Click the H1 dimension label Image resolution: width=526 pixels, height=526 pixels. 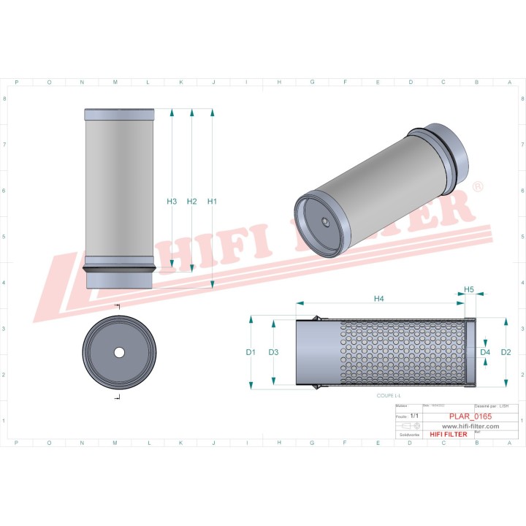pyautogui.click(x=213, y=201)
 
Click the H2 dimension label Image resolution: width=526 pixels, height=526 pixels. pyautogui.click(x=192, y=201)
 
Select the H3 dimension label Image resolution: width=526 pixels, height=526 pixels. pyautogui.click(x=172, y=201)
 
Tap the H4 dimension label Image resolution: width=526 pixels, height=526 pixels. pyautogui.click(x=379, y=298)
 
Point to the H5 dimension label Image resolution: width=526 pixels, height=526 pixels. pyautogui.click(x=469, y=289)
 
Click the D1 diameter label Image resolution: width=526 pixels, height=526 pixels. pyautogui.click(x=251, y=352)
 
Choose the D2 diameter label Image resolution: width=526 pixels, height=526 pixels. pyautogui.click(x=506, y=352)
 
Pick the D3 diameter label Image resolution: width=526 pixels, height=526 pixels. pyautogui.click(x=274, y=352)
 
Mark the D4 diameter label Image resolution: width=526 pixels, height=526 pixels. pyautogui.click(x=485, y=352)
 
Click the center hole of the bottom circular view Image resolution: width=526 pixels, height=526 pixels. pyautogui.click(x=119, y=352)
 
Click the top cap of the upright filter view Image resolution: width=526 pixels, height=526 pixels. pyautogui.click(x=120, y=115)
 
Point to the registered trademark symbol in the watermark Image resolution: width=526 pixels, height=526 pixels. pyautogui.click(x=478, y=187)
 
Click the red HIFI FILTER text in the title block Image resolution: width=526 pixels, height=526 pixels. pyautogui.click(x=449, y=435)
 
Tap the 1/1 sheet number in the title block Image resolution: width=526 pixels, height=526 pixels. pyautogui.click(x=415, y=415)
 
